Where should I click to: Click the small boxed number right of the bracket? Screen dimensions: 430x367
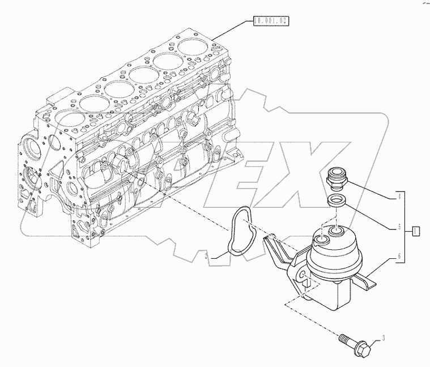pyautogui.click(x=416, y=230)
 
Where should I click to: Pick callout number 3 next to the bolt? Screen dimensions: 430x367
pyautogui.click(x=383, y=339)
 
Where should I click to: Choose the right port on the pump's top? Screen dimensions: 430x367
pyautogui.click(x=338, y=232)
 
